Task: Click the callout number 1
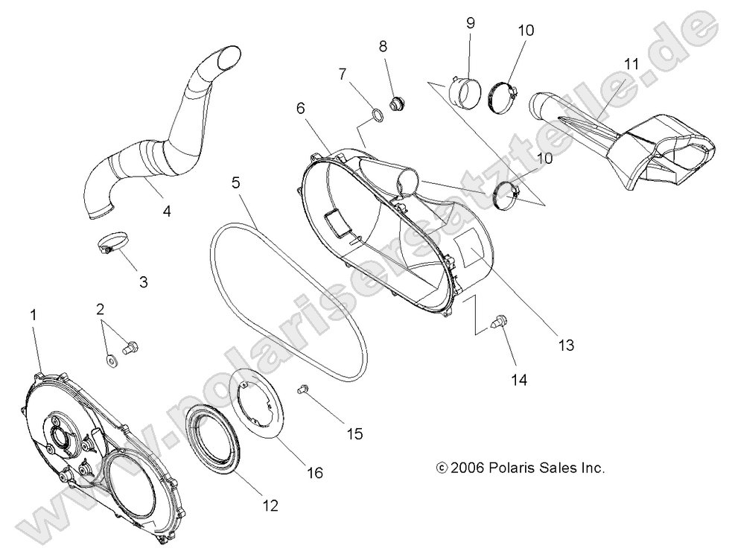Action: (x=33, y=316)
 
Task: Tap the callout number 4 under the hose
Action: (x=167, y=211)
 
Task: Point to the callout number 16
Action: (x=315, y=472)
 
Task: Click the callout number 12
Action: (x=270, y=506)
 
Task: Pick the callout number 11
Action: (x=631, y=64)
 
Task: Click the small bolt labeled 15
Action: (x=303, y=388)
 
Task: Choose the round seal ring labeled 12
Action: (x=212, y=436)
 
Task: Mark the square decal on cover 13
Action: (x=470, y=249)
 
